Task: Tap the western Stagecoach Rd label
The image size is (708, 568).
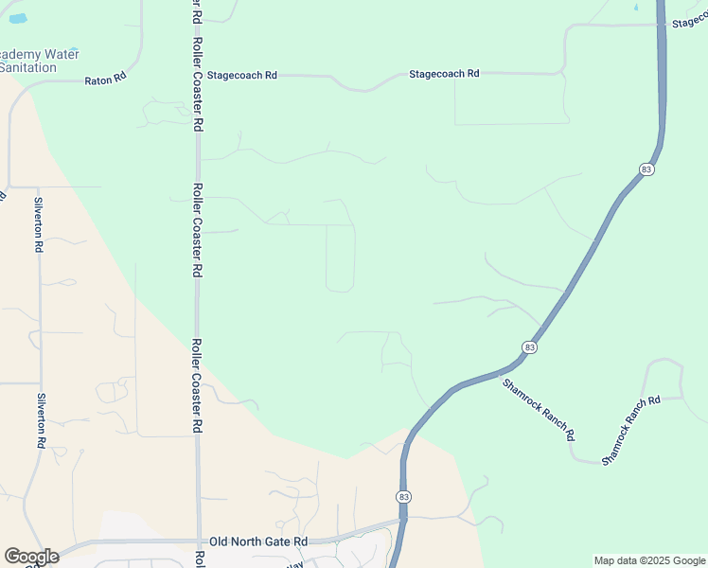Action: click(x=241, y=75)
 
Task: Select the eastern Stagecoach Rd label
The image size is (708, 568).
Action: click(x=444, y=74)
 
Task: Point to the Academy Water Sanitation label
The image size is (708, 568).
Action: click(x=39, y=61)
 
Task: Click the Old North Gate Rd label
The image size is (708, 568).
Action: click(x=259, y=541)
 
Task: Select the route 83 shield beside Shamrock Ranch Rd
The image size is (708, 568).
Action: click(x=529, y=348)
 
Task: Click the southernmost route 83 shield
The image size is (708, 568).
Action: click(x=404, y=497)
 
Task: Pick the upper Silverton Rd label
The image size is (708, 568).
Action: click(x=39, y=224)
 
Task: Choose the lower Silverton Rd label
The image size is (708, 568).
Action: click(x=42, y=420)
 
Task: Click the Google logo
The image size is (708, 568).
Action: click(x=31, y=557)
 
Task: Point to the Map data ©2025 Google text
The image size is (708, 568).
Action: click(x=648, y=560)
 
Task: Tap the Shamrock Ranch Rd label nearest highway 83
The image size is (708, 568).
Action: click(x=538, y=410)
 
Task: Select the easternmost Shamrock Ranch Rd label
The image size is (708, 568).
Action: click(x=629, y=431)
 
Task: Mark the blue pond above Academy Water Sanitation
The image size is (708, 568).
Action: click(x=16, y=18)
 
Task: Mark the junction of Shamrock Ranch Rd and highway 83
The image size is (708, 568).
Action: click(x=499, y=373)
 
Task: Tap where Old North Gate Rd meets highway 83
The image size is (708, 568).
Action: click(x=403, y=520)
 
